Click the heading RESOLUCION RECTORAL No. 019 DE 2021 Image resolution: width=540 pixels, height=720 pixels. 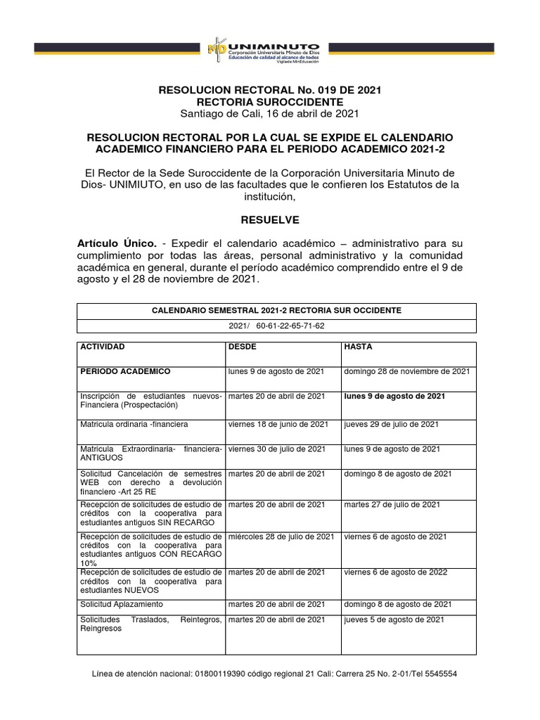click(x=270, y=90)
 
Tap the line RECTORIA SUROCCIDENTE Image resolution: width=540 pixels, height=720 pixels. click(x=270, y=102)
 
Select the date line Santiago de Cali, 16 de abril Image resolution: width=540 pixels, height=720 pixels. click(x=270, y=114)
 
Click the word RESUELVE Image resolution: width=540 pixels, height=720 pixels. click(x=270, y=220)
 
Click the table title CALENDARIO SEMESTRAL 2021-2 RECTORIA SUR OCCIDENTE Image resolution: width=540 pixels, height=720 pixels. click(x=276, y=311)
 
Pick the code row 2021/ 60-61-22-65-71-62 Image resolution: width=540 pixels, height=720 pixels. click(x=276, y=326)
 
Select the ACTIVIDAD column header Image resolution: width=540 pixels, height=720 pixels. click(x=103, y=347)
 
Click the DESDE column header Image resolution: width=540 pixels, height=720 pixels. click(x=243, y=347)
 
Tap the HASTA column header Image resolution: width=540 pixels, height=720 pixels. click(x=358, y=347)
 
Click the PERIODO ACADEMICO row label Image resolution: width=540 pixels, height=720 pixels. click(x=125, y=371)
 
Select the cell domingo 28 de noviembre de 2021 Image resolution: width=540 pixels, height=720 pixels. click(x=406, y=371)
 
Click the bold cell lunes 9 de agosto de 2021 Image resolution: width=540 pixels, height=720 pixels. click(x=394, y=397)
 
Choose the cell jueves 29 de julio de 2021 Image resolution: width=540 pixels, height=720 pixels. click(x=391, y=424)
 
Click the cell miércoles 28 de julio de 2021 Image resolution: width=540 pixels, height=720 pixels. click(x=281, y=536)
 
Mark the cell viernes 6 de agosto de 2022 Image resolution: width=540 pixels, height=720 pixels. click(x=395, y=572)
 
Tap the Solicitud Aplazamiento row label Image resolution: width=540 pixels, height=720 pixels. click(x=122, y=604)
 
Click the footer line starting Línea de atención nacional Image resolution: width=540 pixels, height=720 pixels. click(x=275, y=674)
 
